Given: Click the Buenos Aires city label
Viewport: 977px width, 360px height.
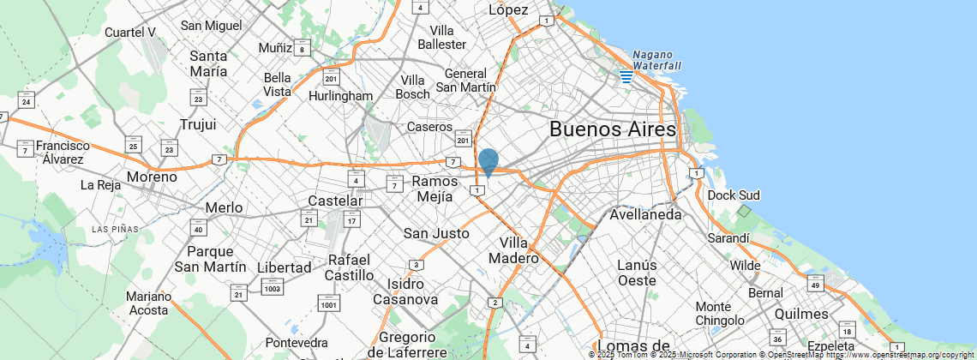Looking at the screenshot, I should click(x=612, y=130).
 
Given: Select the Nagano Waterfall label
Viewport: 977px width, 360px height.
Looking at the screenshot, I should click(x=656, y=60).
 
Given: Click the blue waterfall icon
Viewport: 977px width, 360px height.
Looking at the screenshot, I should click(x=626, y=76).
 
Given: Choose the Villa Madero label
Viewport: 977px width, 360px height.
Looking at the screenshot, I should click(x=513, y=249).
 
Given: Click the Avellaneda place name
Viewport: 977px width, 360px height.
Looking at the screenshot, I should click(x=645, y=214).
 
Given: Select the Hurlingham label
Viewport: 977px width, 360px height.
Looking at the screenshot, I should click(x=343, y=96).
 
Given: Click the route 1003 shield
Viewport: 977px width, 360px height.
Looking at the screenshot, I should click(x=273, y=286).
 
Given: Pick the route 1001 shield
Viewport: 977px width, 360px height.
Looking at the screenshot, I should click(x=328, y=303).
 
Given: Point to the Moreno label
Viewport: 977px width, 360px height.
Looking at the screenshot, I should click(x=152, y=177).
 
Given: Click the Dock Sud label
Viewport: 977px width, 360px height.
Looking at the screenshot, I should click(x=734, y=195).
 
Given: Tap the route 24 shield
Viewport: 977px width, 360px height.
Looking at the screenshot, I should click(x=26, y=100).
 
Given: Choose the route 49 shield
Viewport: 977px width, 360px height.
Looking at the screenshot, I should click(x=815, y=285).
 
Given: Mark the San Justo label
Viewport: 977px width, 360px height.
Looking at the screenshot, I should click(x=436, y=233).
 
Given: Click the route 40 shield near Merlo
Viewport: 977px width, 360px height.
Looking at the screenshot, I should click(x=199, y=228).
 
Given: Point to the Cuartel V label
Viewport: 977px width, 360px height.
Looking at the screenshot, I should click(x=129, y=33).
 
